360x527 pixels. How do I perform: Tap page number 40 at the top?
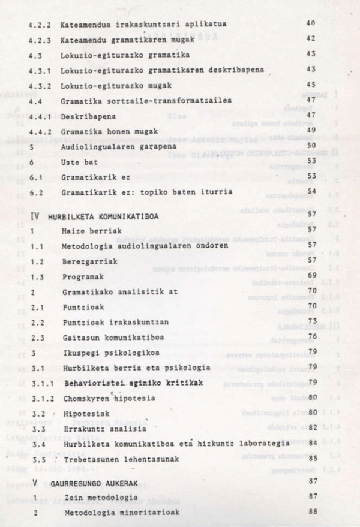[310, 23]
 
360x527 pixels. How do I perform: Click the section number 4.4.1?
[40, 115]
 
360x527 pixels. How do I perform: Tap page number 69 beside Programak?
[311, 275]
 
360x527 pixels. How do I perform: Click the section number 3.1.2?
[40, 398]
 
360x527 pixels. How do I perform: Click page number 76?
[311, 336]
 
